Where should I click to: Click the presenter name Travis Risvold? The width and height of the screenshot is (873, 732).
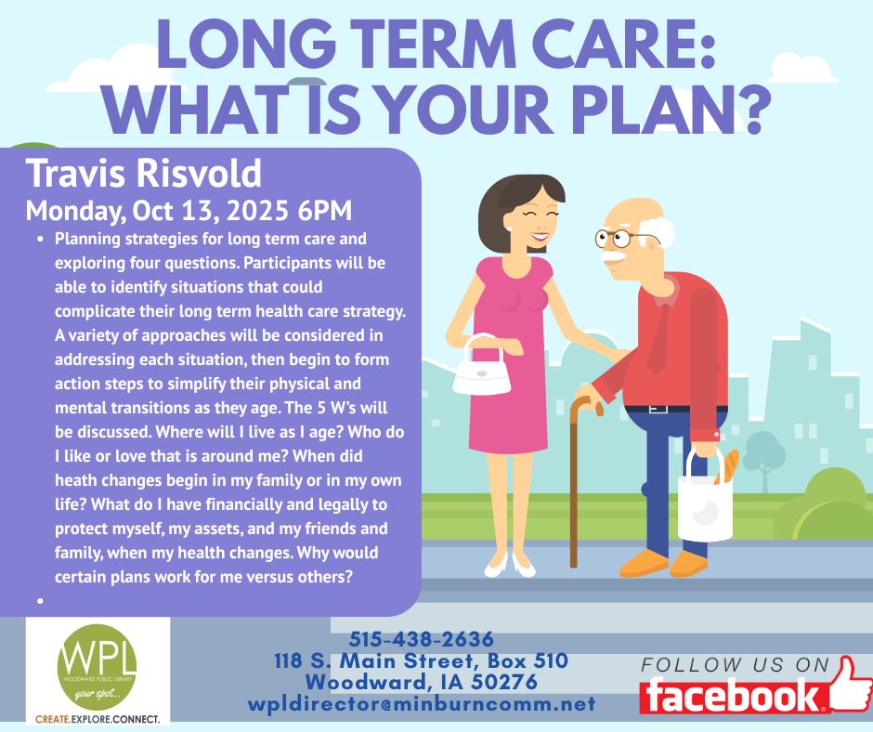pos(144,173)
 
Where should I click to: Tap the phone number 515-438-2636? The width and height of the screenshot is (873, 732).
pos(422,639)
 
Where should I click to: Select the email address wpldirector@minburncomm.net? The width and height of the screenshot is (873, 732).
pos(422,703)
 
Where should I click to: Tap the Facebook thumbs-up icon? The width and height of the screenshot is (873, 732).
pos(849,683)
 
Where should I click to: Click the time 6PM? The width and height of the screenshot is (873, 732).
pos(325,211)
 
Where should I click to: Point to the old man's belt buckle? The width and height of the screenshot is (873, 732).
pos(658,410)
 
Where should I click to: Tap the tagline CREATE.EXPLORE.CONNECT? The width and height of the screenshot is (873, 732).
pos(98,719)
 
